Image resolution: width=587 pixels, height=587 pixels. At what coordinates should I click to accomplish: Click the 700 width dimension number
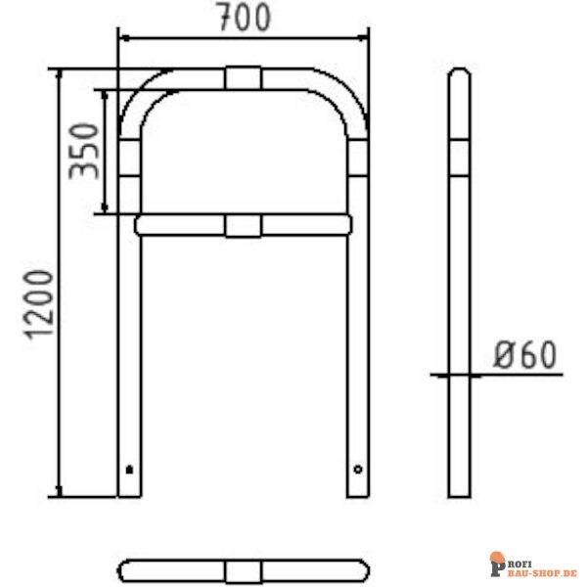(244, 18)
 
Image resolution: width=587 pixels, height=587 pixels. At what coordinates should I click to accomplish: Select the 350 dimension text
(83, 151)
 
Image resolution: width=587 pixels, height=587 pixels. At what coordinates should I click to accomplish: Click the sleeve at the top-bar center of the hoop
(244, 77)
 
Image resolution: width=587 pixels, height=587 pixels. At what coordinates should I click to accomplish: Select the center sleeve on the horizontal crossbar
(244, 226)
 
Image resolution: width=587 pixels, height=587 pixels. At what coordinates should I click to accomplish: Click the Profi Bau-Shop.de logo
(532, 564)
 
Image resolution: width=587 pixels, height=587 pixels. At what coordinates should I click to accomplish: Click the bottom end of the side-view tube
(459, 494)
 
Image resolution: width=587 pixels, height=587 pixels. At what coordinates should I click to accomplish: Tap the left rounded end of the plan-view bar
(123, 570)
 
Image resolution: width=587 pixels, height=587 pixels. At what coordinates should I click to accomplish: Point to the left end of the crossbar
(140, 226)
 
